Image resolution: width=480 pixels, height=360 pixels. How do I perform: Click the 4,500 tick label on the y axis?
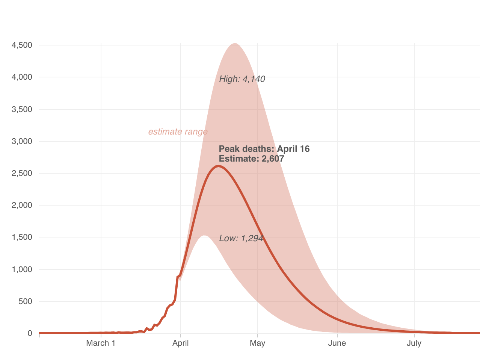coord(22,45)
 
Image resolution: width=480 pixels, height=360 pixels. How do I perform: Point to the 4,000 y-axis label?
coord(22,77)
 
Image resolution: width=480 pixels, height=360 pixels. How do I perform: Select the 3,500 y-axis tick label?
coord(22,109)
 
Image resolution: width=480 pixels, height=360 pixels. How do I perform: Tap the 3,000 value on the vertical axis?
coord(22,141)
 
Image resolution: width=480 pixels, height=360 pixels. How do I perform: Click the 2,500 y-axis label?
coord(22,173)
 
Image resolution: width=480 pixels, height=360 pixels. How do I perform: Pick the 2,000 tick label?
coord(22,205)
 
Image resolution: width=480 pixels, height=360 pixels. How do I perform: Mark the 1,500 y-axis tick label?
coord(22,237)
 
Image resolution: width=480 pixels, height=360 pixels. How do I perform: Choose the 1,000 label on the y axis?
coord(22,269)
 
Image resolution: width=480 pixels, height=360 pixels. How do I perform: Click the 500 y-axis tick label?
coord(25,301)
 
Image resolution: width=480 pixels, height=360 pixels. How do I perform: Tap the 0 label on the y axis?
coord(30,333)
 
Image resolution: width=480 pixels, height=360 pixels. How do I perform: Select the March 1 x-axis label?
coord(101,343)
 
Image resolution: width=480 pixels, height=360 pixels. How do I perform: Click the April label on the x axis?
coord(181,343)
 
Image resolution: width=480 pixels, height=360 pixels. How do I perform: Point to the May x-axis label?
coord(258,343)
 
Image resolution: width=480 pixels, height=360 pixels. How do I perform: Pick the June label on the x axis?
coord(337,343)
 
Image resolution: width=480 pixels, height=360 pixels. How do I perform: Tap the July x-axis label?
coord(414,343)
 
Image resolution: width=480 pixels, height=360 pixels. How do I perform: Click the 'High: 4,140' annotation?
coord(242,79)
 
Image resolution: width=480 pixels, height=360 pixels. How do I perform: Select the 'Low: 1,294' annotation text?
coord(241,238)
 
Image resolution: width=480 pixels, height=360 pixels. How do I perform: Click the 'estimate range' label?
coord(178,132)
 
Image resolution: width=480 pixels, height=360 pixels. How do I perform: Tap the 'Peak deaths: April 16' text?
coord(264,149)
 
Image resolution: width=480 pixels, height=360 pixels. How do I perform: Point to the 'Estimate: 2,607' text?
coord(251,159)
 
